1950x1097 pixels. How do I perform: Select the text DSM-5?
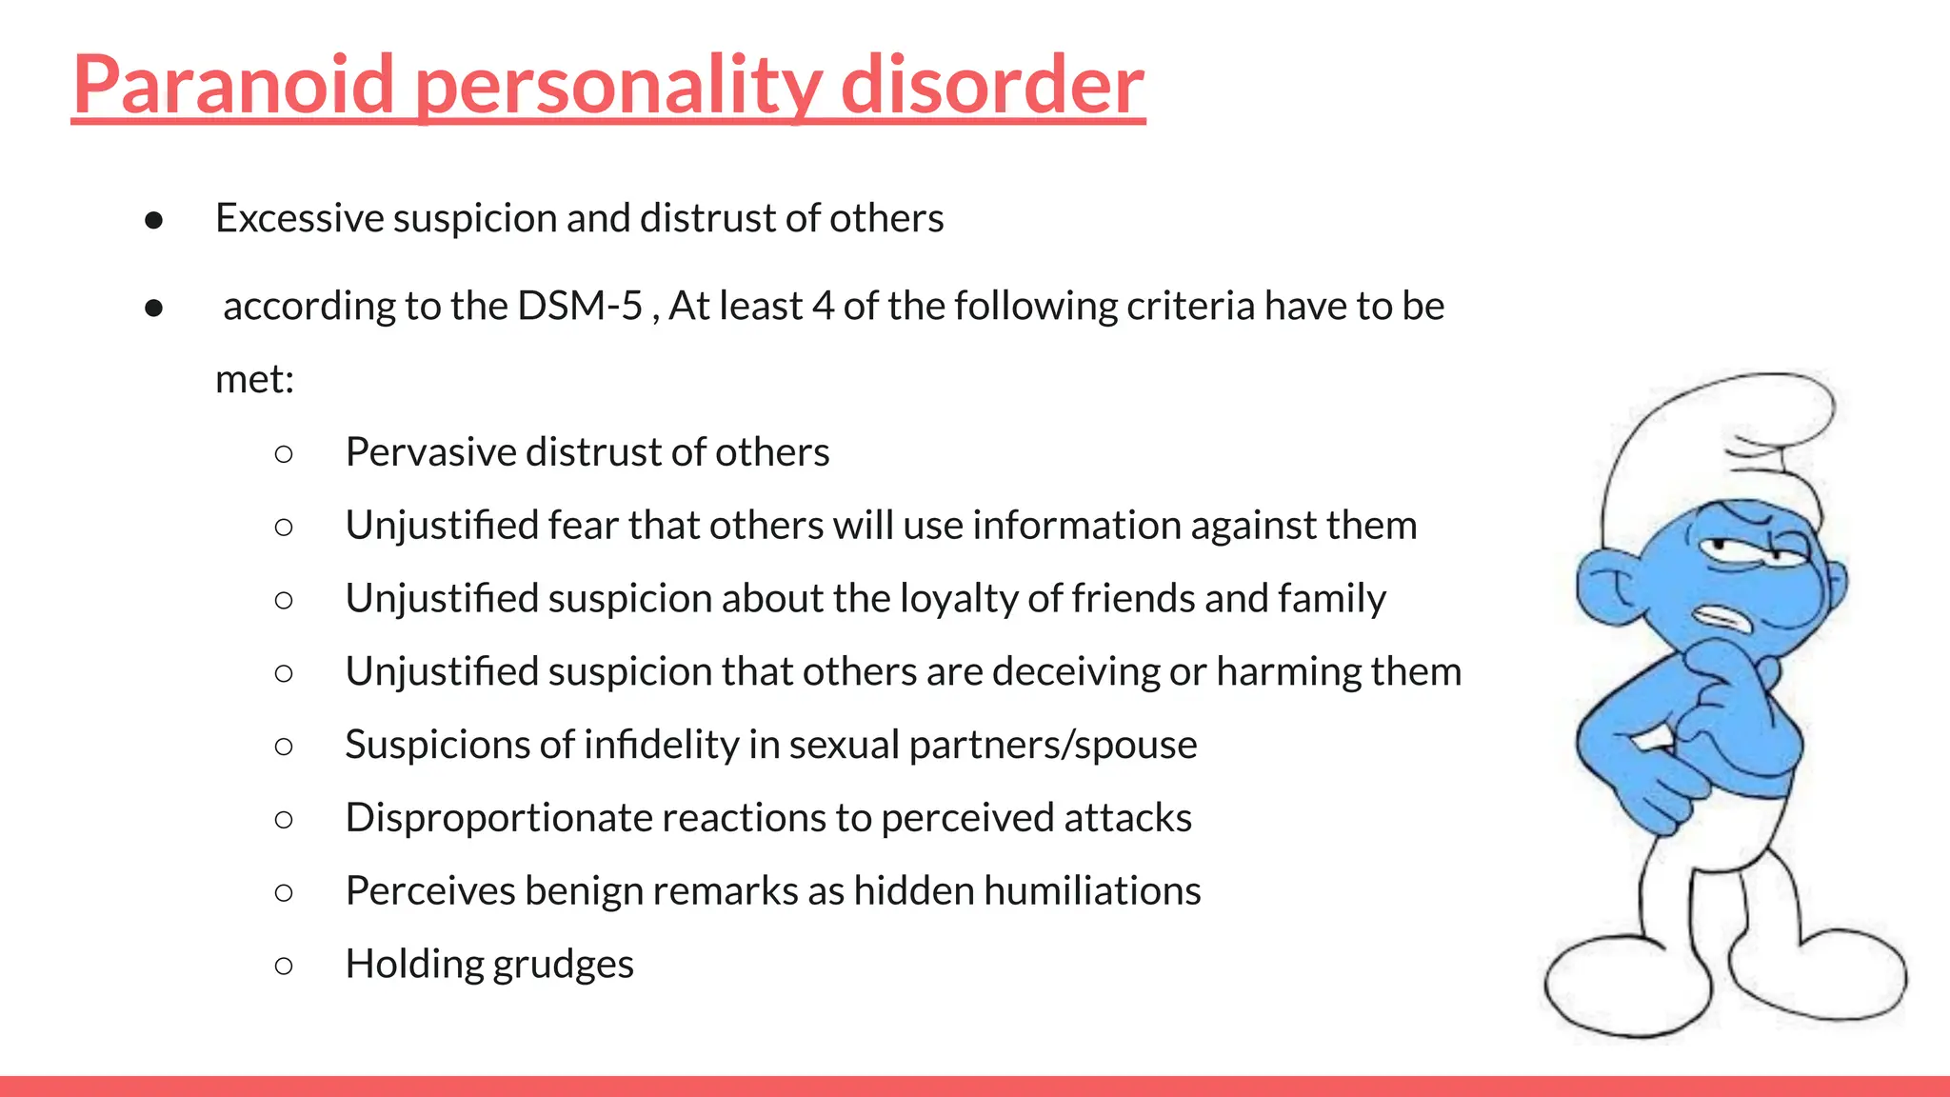580,306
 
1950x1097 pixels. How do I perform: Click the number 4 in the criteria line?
823,306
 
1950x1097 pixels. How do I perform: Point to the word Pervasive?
429,451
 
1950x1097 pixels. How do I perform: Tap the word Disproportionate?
497,818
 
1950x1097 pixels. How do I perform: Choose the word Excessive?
299,218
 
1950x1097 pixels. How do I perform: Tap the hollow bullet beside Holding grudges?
283,966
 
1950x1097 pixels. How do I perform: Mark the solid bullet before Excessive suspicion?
154,221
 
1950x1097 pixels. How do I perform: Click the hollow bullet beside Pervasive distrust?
283,453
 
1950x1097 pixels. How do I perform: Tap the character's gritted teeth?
1723,619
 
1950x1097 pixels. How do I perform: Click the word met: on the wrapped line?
254,379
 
